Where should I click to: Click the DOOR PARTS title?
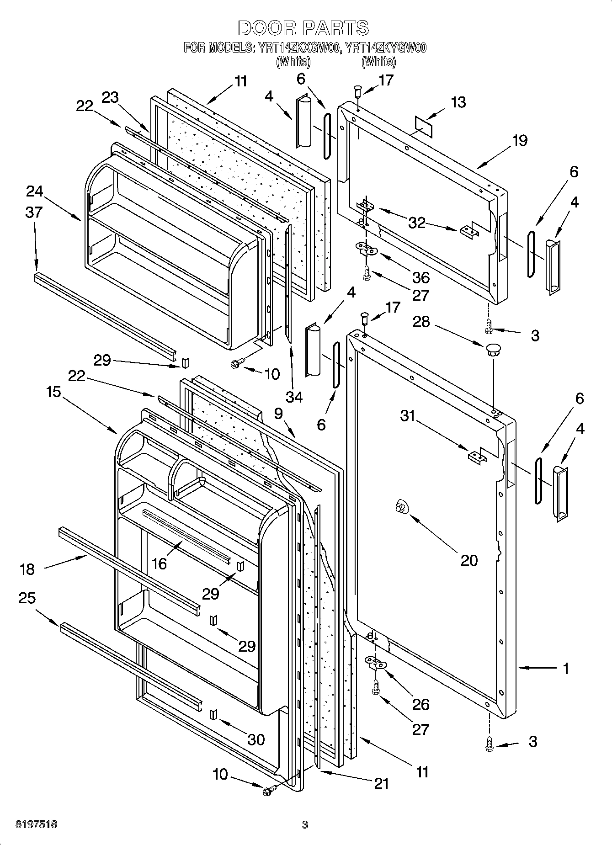(303, 28)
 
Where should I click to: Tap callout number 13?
(458, 102)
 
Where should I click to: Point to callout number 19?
(520, 140)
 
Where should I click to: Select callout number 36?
(420, 277)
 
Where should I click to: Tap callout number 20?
(469, 560)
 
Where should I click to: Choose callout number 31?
(408, 416)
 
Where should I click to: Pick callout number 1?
(565, 669)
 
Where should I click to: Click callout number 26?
(420, 704)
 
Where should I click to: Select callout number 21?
(381, 784)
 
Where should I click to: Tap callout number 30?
(255, 739)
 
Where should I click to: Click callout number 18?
(27, 569)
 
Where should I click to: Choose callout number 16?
(159, 563)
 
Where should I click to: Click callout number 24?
(34, 191)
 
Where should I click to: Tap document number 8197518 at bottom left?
(37, 824)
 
